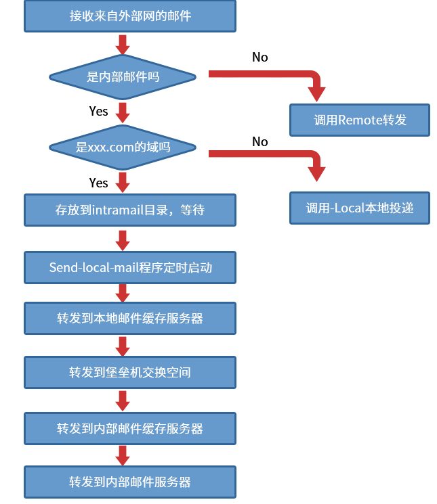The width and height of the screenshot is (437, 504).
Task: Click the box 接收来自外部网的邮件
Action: click(130, 16)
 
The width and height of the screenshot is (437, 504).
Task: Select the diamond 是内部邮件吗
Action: click(123, 76)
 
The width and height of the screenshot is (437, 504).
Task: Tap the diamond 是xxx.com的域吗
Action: click(123, 147)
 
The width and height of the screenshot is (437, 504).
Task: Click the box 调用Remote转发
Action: click(360, 120)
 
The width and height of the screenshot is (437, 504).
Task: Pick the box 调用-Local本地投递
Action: click(360, 208)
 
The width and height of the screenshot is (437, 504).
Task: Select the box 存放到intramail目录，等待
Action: click(130, 210)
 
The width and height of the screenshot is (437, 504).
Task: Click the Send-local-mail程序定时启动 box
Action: click(130, 267)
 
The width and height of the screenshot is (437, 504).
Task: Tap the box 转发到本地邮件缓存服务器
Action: click(130, 318)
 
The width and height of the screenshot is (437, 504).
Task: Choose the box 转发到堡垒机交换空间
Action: click(130, 372)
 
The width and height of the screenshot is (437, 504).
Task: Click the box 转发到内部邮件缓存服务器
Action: click(130, 428)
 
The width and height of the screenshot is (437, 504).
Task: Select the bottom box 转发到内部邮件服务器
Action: click(130, 482)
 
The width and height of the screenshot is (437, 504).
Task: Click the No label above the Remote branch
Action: click(260, 58)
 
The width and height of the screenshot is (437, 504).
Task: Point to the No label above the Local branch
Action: click(260, 142)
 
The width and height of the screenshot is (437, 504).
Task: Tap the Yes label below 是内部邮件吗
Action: click(98, 111)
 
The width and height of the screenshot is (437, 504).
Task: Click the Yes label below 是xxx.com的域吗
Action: click(98, 183)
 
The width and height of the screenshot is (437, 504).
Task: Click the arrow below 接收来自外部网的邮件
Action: click(123, 44)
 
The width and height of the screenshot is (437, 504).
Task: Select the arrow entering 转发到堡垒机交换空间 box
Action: click(123, 346)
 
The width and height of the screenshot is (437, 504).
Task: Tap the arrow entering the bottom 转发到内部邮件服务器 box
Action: click(123, 455)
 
